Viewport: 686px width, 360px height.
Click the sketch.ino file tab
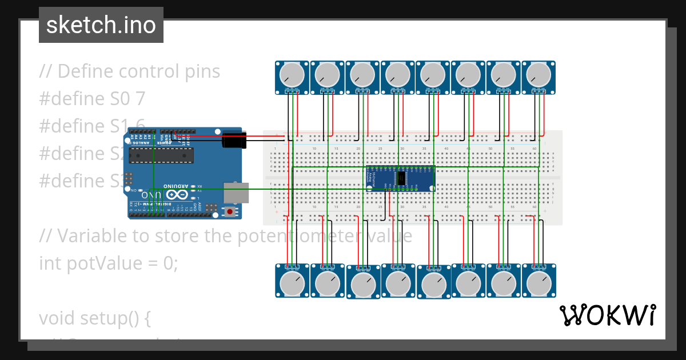click(101, 25)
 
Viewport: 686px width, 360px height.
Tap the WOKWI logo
click(607, 315)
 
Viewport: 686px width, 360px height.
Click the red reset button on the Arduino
click(230, 211)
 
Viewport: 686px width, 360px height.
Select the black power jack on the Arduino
click(234, 139)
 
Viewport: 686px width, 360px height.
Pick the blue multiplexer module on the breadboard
click(400, 179)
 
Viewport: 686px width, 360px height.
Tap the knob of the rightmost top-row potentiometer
click(539, 74)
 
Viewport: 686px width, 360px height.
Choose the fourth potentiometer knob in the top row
click(398, 74)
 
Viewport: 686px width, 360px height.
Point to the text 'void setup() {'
click(95, 318)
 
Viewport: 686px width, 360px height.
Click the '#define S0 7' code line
click(92, 99)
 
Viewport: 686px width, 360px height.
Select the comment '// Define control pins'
click(130, 71)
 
